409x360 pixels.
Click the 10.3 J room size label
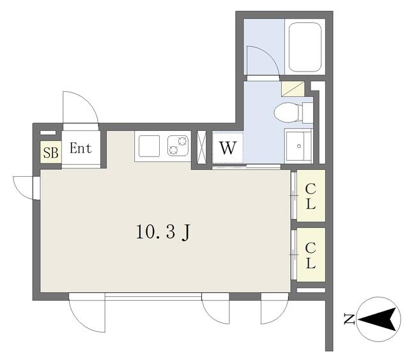[164, 232]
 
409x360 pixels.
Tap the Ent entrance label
[81, 148]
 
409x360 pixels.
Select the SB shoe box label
[51, 153]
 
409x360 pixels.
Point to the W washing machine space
[228, 148]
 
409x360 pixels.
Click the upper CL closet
[311, 195]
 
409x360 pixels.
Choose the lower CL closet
[311, 255]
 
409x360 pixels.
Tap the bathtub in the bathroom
[305, 47]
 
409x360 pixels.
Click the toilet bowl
[286, 113]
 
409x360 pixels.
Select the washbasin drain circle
[299, 146]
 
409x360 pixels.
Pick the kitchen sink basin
[149, 146]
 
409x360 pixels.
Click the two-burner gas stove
[178, 146]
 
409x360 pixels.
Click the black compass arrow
[379, 319]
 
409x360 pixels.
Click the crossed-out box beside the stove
[202, 147]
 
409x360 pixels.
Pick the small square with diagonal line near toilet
[293, 89]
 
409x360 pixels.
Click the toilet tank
[308, 113]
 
